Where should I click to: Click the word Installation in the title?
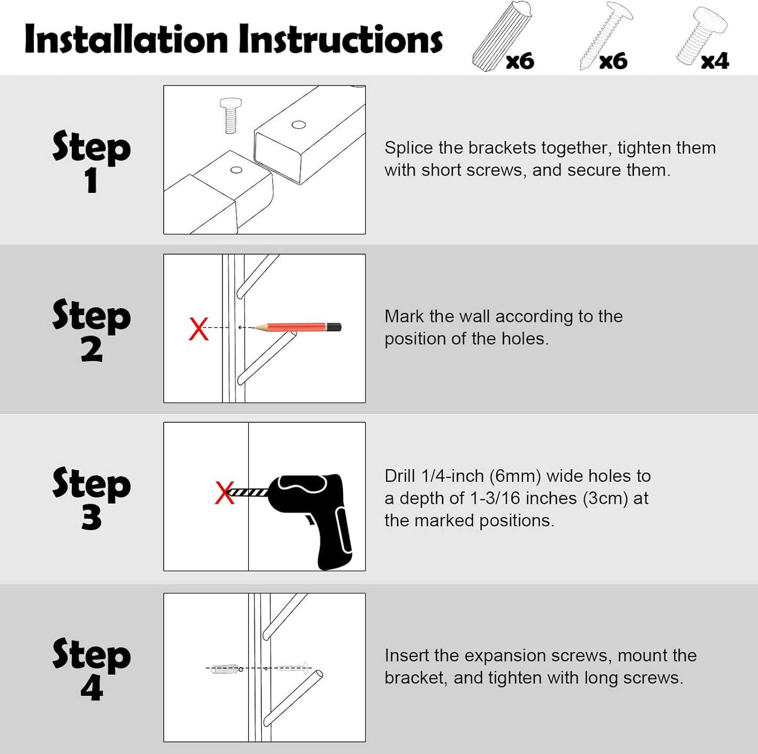coord(126,39)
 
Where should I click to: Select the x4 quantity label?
coord(714,61)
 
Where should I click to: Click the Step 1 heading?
coord(91,160)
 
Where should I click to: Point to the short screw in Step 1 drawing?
coord(230,115)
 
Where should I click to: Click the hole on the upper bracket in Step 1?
coord(298,125)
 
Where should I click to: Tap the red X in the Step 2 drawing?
coord(199,329)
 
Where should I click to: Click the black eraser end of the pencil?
coord(334,327)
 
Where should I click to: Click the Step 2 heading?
coord(91,329)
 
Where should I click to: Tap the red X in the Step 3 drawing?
coord(225,493)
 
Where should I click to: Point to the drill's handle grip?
coord(336,540)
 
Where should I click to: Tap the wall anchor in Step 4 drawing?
coord(226,669)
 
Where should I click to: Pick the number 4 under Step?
coord(91,688)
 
